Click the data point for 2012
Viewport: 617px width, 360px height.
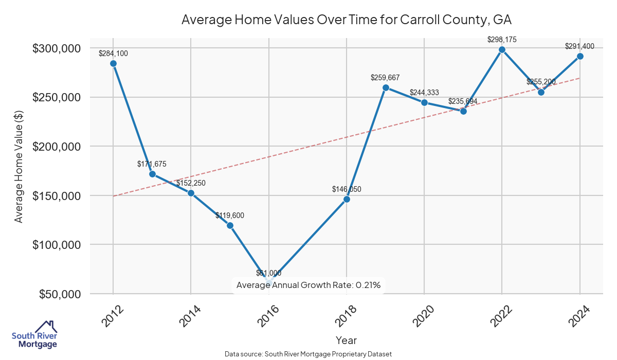tap(113, 63)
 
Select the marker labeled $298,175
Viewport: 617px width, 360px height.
tap(502, 49)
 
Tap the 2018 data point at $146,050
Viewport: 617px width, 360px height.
tap(347, 199)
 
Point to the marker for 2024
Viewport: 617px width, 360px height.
tap(580, 56)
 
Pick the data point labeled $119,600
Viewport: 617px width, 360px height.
tap(230, 225)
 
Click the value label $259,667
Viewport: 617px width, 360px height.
tap(385, 78)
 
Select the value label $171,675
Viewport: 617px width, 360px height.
tap(152, 164)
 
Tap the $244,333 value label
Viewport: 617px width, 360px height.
tap(424, 93)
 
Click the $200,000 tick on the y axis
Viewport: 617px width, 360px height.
tap(57, 147)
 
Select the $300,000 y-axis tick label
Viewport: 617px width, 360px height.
tap(57, 48)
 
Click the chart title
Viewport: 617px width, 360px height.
tap(347, 20)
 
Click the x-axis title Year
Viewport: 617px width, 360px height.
tap(346, 340)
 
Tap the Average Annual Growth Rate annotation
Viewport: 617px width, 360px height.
tap(308, 285)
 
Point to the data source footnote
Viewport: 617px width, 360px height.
tap(308, 354)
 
